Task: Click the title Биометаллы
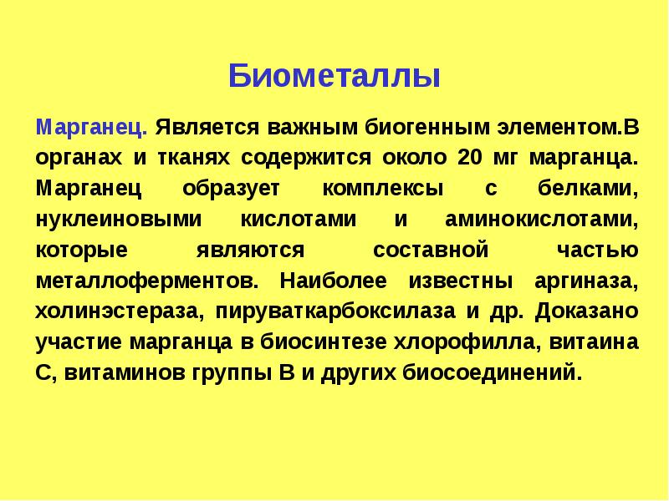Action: [x=334, y=77]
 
